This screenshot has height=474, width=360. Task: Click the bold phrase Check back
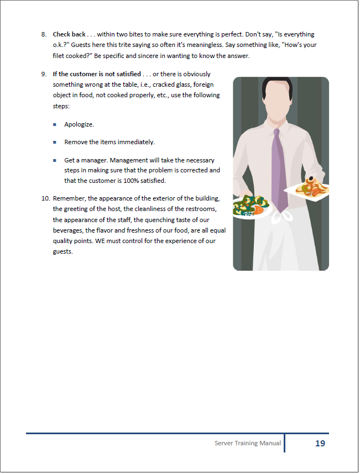69,34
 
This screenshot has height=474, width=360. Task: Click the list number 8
44,34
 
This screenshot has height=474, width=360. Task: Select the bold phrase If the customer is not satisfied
97,74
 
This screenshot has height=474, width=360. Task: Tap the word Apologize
79,124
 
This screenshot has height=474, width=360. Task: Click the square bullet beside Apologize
55,125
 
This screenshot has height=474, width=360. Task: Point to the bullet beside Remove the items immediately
55,143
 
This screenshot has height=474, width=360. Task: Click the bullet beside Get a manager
55,160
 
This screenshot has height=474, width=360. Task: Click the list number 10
45,198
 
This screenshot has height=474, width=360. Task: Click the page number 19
320,444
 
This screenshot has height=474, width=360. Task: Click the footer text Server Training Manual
247,444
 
